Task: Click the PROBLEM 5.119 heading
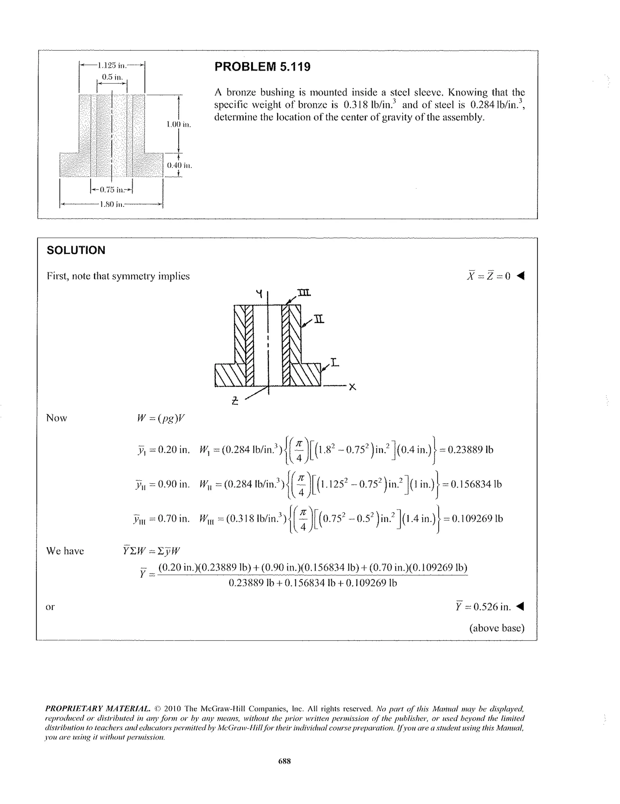click(262, 67)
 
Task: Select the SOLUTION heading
click(76, 250)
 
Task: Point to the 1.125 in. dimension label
click(112, 66)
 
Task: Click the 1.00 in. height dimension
click(179, 124)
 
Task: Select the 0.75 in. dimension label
click(111, 190)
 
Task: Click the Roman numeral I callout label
click(334, 363)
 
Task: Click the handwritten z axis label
click(235, 400)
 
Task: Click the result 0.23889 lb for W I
click(470, 450)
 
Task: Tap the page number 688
click(284, 761)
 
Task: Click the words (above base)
click(496, 628)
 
